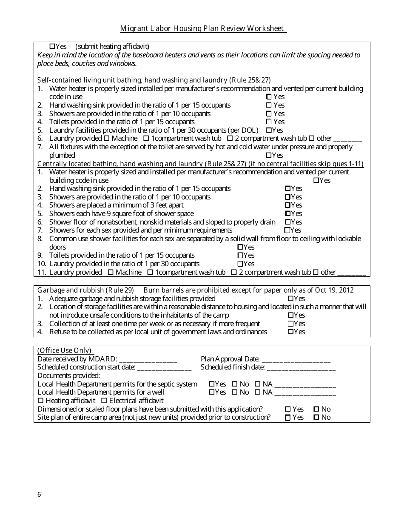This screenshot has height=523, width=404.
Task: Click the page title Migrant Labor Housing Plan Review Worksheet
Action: (203, 28)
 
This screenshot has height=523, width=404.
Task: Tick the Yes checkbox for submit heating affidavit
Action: (52, 46)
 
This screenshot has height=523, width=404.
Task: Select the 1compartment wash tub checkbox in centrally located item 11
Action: (150, 272)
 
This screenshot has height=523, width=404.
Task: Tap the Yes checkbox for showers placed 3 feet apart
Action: (287, 205)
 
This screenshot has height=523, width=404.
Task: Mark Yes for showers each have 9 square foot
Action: (287, 213)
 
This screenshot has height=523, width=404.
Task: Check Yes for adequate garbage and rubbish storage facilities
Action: (290, 299)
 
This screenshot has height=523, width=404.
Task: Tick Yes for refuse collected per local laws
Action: (290, 332)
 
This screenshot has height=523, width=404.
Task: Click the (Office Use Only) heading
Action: (64, 350)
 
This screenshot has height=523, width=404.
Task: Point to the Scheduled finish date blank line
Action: (301, 367)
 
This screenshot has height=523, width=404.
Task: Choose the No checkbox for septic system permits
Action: (234, 384)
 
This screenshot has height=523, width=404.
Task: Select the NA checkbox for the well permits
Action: (257, 392)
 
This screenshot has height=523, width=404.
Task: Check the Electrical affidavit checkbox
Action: (104, 401)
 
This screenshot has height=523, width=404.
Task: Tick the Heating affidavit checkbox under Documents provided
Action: (40, 401)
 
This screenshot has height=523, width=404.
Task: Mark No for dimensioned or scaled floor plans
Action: (316, 409)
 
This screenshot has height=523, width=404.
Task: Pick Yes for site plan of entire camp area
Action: (287, 418)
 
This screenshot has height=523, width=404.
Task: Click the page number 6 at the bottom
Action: (40, 494)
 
